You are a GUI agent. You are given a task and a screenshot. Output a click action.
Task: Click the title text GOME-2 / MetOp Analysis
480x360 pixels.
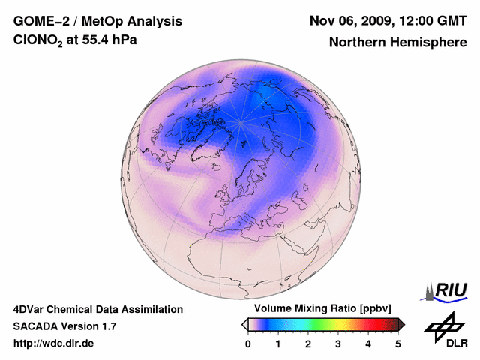(x=97, y=20)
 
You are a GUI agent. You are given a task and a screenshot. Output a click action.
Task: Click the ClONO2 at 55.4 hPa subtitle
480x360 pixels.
(x=75, y=40)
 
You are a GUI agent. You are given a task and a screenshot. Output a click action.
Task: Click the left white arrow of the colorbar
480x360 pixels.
(x=244, y=324)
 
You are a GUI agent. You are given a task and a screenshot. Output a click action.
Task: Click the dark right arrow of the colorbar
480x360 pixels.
(x=401, y=324)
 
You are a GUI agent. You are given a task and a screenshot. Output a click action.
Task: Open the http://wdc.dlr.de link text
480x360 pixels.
(x=54, y=343)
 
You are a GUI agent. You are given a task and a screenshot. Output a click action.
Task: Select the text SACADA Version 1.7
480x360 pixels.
(x=64, y=326)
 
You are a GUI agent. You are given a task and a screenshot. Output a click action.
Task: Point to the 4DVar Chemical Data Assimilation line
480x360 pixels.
(x=97, y=309)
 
